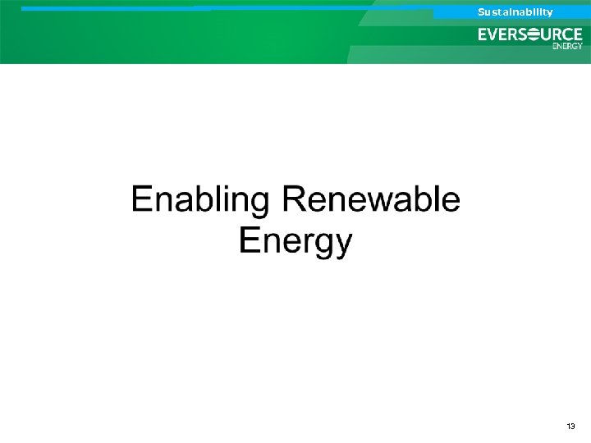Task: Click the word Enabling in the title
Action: [199, 201]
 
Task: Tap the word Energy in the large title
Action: [295, 241]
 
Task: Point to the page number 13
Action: [571, 427]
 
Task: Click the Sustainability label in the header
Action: [515, 11]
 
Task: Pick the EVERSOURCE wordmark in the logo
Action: [530, 34]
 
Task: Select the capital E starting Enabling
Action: [142, 200]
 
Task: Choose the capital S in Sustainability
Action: [482, 11]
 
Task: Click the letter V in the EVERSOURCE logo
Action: [494, 34]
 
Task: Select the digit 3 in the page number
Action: [574, 427]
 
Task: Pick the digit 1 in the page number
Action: [569, 427]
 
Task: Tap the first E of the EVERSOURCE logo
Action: [483, 34]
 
